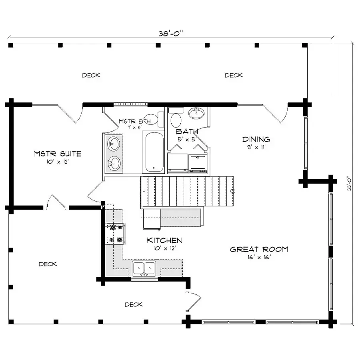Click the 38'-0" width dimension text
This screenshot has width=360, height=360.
[171, 34]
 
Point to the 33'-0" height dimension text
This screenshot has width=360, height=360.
[349, 184]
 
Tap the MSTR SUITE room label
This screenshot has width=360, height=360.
[58, 154]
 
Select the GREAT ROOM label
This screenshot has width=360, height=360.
[259, 249]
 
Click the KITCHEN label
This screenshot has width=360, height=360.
[164, 240]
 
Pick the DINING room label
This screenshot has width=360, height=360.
[256, 139]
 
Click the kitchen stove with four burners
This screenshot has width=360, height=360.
[116, 234]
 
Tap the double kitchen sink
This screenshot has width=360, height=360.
[144, 268]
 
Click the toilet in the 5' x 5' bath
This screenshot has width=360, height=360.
[176, 117]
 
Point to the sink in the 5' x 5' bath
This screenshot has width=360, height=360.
[196, 113]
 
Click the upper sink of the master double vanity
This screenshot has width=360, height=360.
[114, 144]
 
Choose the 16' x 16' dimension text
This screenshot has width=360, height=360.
[259, 257]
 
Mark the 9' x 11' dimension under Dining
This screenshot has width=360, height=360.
[256, 147]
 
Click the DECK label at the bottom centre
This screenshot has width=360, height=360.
[134, 304]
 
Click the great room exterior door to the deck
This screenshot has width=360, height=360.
[193, 302]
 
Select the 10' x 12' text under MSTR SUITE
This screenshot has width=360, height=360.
[58, 162]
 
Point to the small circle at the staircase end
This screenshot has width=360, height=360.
[233, 191]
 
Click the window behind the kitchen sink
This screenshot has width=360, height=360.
[144, 279]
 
